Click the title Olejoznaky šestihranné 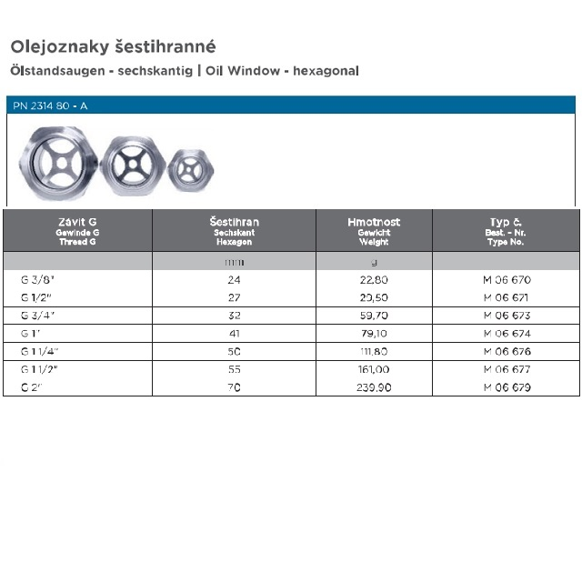[113, 45]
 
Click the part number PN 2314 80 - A [51, 105]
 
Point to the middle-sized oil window [133, 165]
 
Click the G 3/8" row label [38, 280]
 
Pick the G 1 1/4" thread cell [43, 351]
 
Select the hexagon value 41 [234, 334]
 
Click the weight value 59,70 [374, 316]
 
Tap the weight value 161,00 [374, 369]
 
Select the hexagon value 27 [234, 297]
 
